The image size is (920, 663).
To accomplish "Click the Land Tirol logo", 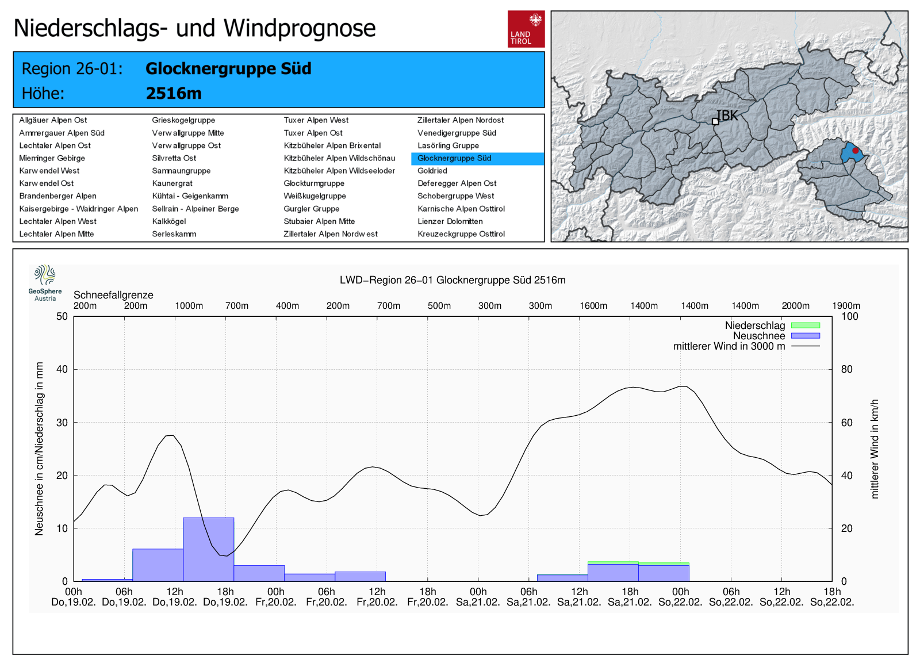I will (x=526, y=28).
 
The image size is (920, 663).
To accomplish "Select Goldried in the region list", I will (x=432, y=171).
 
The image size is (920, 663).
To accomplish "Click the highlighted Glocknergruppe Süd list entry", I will (x=454, y=158).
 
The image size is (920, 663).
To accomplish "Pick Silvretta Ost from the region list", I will (x=174, y=158).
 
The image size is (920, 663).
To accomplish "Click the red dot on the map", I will (x=856, y=151).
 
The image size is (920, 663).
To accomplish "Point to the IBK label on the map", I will (x=727, y=116).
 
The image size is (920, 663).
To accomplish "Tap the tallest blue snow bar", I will (x=209, y=549).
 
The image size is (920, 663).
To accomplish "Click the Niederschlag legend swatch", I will (x=805, y=325).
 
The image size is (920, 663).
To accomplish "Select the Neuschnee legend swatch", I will (x=805, y=336).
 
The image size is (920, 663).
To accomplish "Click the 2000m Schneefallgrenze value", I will (x=795, y=306).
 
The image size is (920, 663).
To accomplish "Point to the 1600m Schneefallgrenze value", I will (x=593, y=306).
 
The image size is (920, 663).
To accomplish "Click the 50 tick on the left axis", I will (x=62, y=316).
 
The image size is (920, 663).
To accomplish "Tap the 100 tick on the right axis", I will (x=850, y=316).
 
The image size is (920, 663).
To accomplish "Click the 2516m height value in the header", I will (x=174, y=93).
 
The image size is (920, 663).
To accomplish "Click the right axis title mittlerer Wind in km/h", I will (x=875, y=449).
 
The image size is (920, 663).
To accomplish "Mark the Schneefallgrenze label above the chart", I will (x=113, y=295).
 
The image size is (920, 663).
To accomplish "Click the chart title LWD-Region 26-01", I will (x=453, y=280).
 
